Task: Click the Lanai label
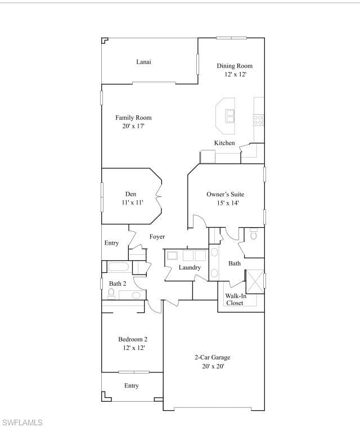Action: tap(143, 62)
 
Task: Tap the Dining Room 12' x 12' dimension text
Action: tap(235, 74)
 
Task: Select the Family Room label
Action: tap(133, 118)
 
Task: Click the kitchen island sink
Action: tap(230, 116)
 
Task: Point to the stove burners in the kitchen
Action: tap(258, 120)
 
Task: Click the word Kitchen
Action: tap(224, 143)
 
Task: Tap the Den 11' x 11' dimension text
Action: tap(132, 203)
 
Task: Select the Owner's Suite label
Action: tap(225, 195)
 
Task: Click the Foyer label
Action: tap(157, 237)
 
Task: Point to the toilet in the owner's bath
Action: tap(254, 234)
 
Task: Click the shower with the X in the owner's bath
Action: tap(255, 282)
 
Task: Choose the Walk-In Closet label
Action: tap(236, 299)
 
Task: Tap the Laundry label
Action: tap(190, 267)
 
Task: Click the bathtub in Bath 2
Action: tap(119, 267)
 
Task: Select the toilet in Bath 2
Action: tap(111, 294)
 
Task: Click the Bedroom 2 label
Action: tap(133, 339)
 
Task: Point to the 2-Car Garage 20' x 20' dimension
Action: tap(213, 366)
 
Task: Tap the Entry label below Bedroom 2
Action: tap(132, 385)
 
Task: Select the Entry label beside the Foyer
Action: tap(111, 243)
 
